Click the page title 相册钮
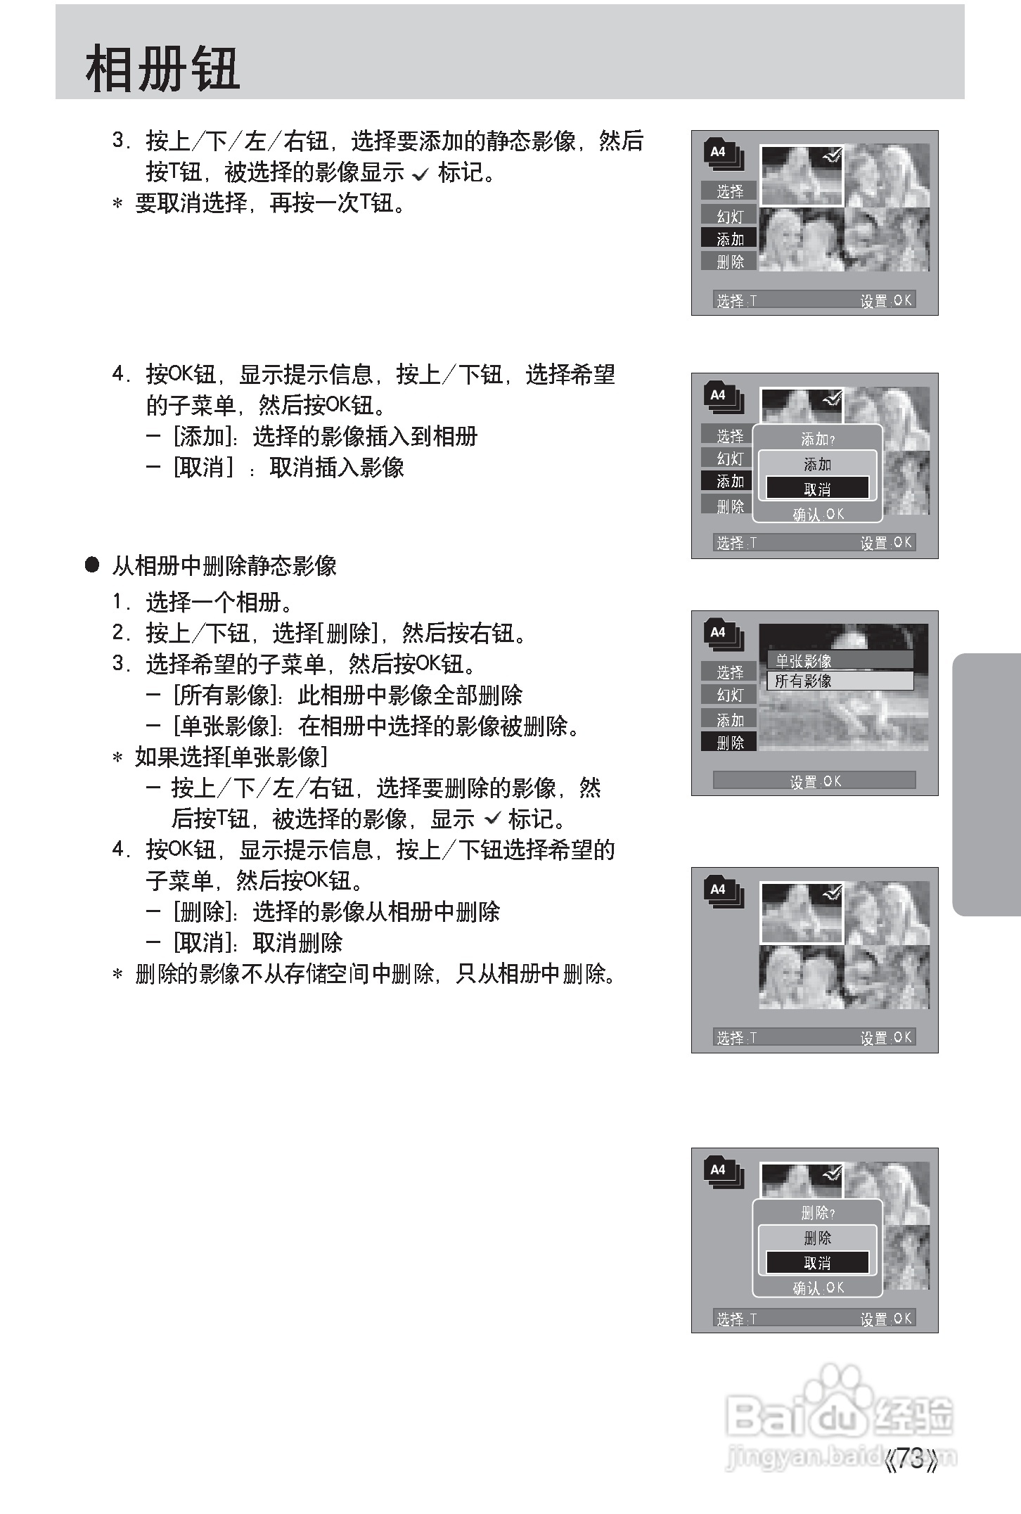(162, 70)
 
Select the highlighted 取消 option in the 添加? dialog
(817, 489)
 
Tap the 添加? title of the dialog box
(817, 440)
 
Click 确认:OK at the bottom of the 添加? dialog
(817, 514)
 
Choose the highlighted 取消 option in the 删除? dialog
(817, 1262)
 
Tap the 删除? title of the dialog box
(817, 1213)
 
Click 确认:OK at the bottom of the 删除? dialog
(817, 1288)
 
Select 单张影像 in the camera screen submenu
(804, 660)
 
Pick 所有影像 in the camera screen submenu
(804, 681)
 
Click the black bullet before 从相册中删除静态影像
(92, 565)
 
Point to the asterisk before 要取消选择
(118, 204)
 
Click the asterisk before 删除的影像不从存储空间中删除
(118, 975)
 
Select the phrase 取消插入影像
(337, 467)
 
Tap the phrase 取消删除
(297, 942)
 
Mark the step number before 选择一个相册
(120, 602)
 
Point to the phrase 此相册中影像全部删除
(410, 695)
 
